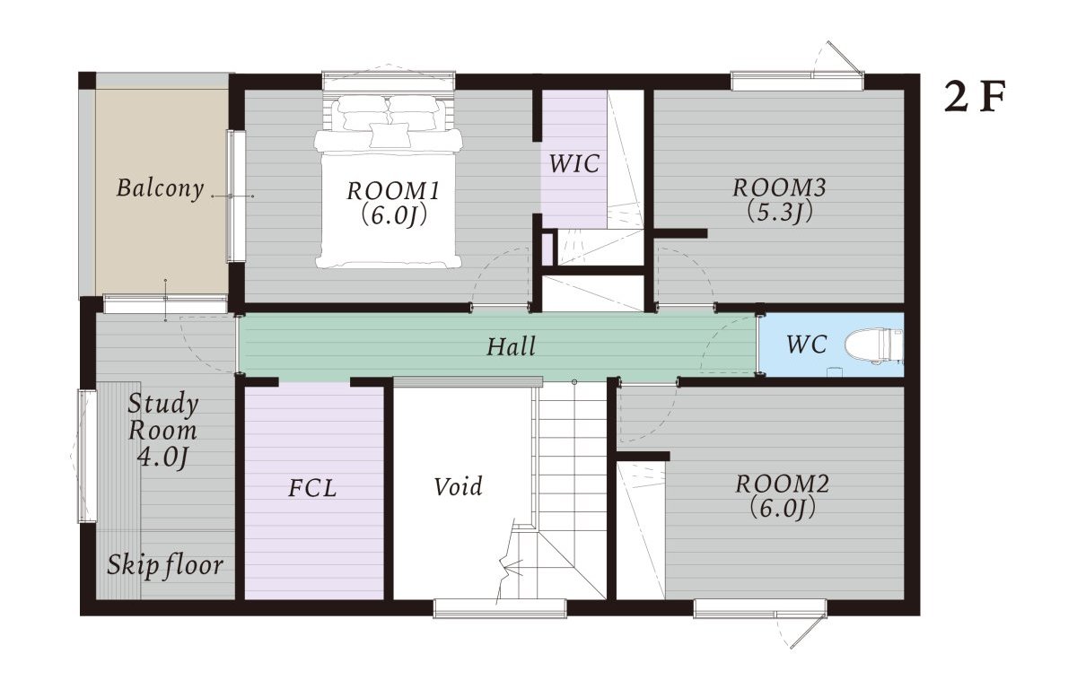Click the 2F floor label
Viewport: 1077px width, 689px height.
click(x=975, y=98)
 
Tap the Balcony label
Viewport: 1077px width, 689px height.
click(x=160, y=188)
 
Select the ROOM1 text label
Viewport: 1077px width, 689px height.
click(x=393, y=191)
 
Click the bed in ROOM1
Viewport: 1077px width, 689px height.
click(x=388, y=181)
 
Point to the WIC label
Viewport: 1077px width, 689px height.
click(x=574, y=163)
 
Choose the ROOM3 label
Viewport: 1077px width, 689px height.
click(x=779, y=188)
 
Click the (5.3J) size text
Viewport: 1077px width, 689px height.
click(x=779, y=212)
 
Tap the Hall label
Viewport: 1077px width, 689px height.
click(x=511, y=346)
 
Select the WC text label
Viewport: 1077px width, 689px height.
click(x=807, y=344)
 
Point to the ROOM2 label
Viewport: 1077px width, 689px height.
click(x=783, y=484)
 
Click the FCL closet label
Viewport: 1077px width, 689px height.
click(x=312, y=488)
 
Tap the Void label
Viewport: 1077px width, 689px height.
click(x=459, y=486)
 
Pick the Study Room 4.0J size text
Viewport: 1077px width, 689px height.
click(x=162, y=457)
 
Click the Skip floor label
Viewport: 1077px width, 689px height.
click(x=165, y=565)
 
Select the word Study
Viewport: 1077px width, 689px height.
click(x=163, y=404)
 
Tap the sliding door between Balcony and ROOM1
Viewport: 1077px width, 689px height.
click(x=236, y=196)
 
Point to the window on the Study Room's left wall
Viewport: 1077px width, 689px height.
click(x=87, y=456)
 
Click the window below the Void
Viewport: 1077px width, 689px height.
click(x=500, y=607)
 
